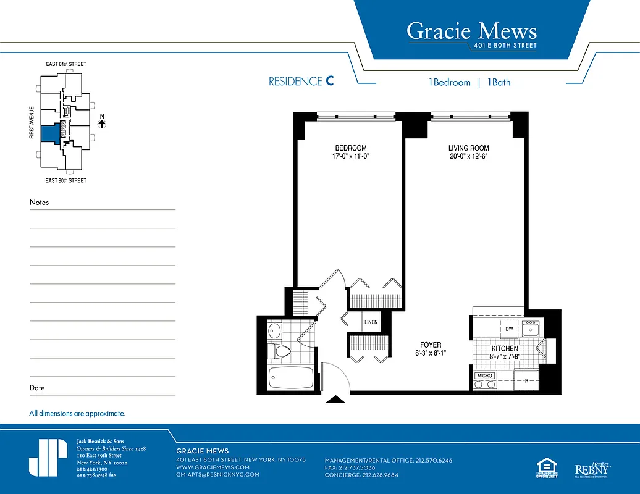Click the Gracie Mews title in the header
pyautogui.click(x=471, y=31)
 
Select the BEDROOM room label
pyautogui.click(x=351, y=148)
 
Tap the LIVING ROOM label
pyautogui.click(x=468, y=148)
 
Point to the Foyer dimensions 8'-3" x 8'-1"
pyautogui.click(x=431, y=353)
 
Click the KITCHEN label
pyautogui.click(x=505, y=349)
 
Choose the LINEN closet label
pyautogui.click(x=371, y=322)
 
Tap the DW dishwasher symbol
pyautogui.click(x=509, y=330)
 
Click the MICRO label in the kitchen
pyautogui.click(x=484, y=375)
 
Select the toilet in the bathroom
pyautogui.click(x=281, y=352)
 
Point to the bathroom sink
pyautogui.click(x=276, y=331)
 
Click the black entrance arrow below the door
pyautogui.click(x=335, y=400)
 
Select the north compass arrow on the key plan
pyautogui.click(x=102, y=123)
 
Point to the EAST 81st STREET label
pyautogui.click(x=66, y=64)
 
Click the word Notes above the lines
pyautogui.click(x=39, y=203)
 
